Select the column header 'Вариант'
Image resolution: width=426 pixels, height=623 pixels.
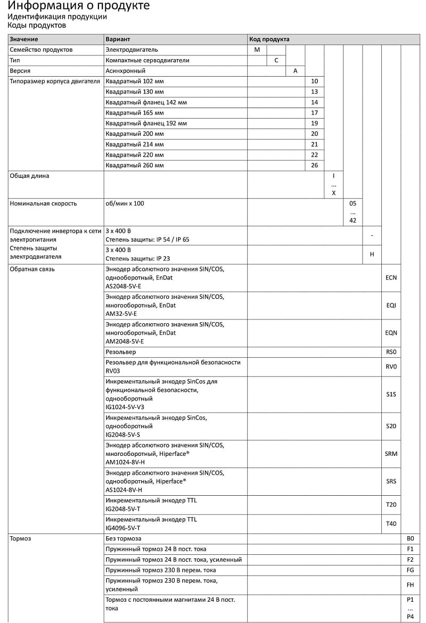pos(118,39)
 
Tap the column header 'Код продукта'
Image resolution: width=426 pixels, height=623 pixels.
pos(269,39)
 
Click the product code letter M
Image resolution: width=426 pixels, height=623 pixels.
pos(257,50)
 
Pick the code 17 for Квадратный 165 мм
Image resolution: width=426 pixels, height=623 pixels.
pos(314,113)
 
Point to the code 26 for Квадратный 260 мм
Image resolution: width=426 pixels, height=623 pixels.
pos(314,166)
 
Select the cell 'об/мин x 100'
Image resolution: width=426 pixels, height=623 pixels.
pos(125,203)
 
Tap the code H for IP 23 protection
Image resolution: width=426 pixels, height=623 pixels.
pos(372,255)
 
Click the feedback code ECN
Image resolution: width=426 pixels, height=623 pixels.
pos(391,278)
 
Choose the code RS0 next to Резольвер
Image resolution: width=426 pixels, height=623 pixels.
pos(391,352)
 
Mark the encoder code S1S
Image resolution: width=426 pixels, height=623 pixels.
pos(391,395)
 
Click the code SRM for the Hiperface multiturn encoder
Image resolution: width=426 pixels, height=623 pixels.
pos(391,454)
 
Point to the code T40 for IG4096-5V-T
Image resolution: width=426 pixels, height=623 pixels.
pos(391,524)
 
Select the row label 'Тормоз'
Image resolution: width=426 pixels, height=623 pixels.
pos(21,539)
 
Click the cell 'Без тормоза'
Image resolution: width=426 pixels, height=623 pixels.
pos(124,539)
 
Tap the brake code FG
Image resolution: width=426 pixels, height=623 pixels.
pos(410,570)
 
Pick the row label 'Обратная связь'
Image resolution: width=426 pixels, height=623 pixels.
pos(32,269)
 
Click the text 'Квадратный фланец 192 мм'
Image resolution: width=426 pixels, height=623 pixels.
pos(146,124)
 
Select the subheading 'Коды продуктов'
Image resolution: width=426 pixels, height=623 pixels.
pos(36,25)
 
